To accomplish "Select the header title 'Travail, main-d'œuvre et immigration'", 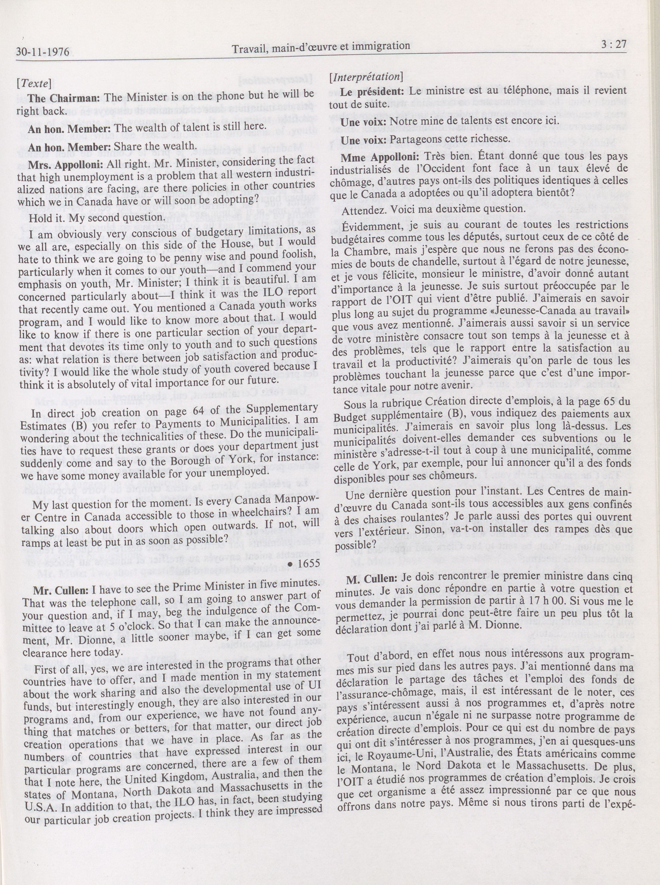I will click(321, 47).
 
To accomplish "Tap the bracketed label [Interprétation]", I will click(365, 77).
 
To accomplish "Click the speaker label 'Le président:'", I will click(371, 91).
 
